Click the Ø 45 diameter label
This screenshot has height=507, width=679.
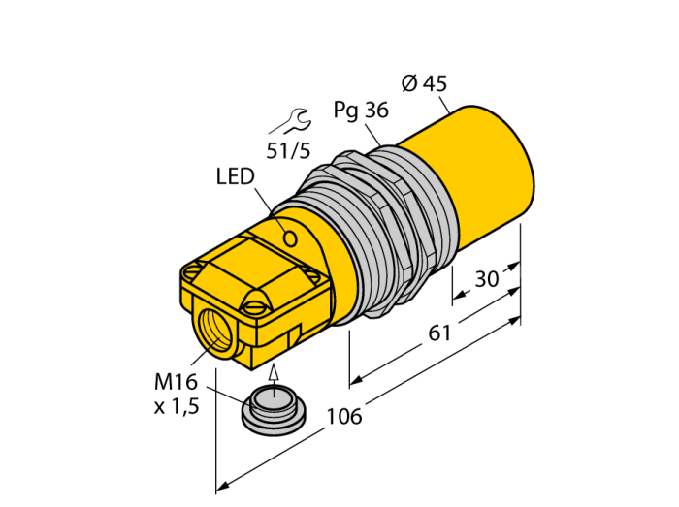click(424, 83)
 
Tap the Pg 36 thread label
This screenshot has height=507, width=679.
click(361, 111)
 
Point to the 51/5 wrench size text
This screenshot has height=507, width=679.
click(288, 151)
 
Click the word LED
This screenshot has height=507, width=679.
click(235, 177)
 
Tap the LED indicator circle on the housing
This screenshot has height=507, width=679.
click(290, 238)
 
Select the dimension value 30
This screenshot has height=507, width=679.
click(487, 279)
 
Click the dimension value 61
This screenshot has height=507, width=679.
click(439, 333)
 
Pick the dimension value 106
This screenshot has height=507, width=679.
click(343, 416)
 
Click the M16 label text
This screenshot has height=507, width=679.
click(176, 382)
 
